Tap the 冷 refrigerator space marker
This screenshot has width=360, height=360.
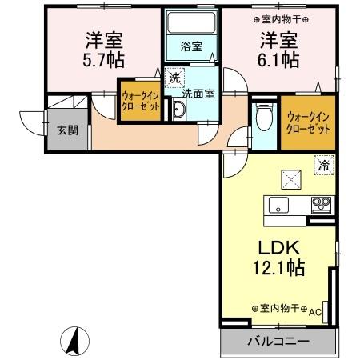[x=324, y=166]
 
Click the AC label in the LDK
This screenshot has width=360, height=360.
[x=314, y=311]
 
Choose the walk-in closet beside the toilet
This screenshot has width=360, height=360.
[x=308, y=123]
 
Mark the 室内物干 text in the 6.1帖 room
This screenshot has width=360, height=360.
[x=281, y=18]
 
